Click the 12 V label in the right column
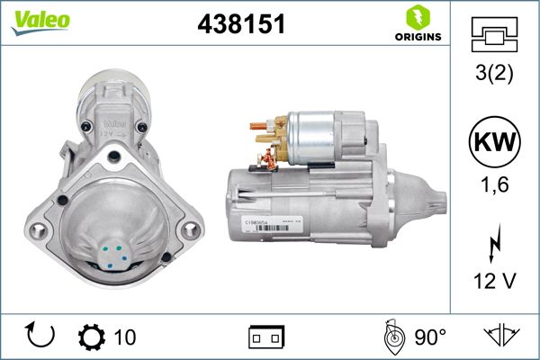[494, 281]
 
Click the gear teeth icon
[92, 337]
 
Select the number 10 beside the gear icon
[125, 337]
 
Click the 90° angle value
[430, 337]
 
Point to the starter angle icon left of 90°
[392, 337]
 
